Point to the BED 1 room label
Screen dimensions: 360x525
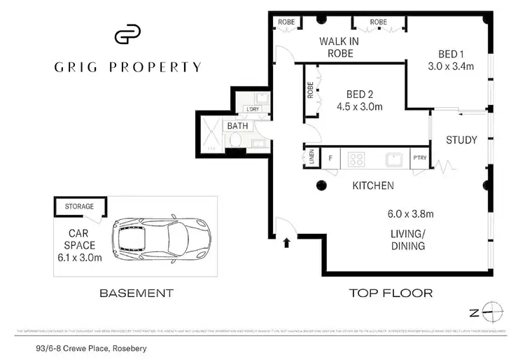point(451,54)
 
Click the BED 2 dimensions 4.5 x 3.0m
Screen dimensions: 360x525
point(360,106)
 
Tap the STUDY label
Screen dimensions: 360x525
point(461,140)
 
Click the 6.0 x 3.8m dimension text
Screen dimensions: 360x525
point(412,214)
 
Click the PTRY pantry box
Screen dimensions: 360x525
point(419,159)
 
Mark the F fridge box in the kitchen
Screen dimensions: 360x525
point(329,159)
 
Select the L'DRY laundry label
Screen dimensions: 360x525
point(252,110)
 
